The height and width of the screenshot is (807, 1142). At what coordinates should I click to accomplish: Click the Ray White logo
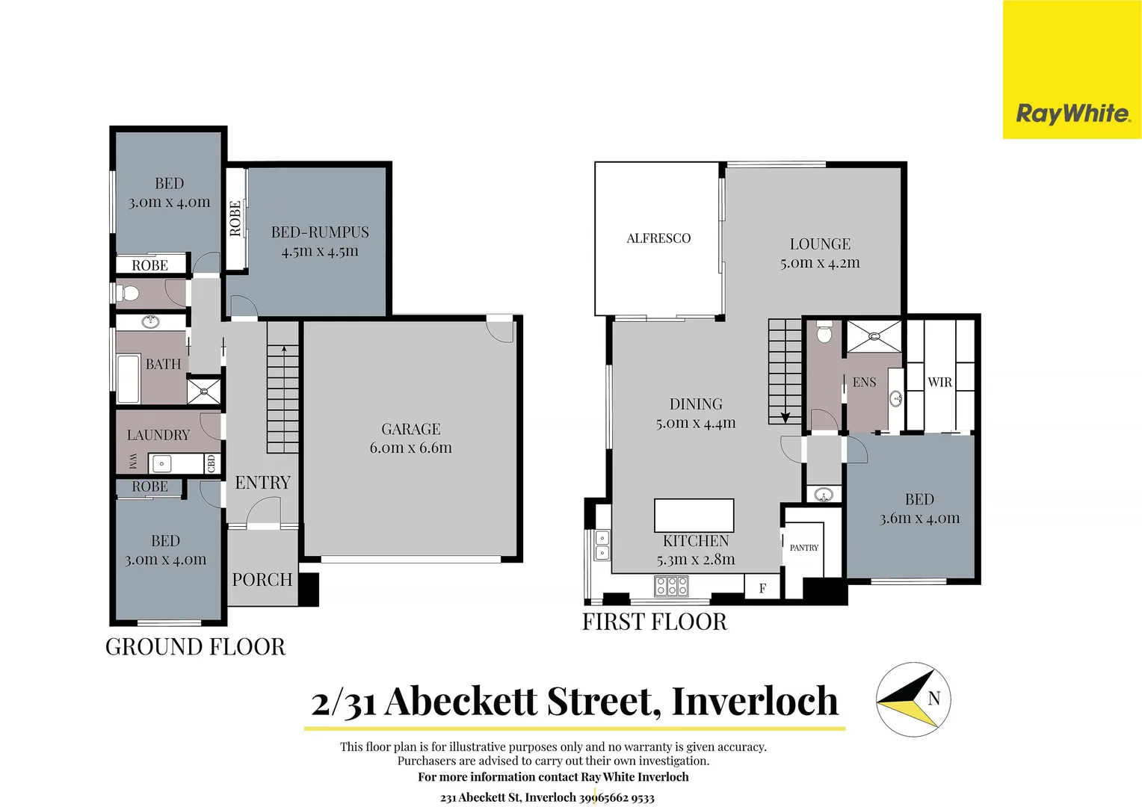[x=1072, y=114]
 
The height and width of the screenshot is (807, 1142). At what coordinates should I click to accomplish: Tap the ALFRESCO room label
[x=658, y=238]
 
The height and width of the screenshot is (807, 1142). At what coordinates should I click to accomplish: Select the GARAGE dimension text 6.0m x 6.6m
[x=410, y=448]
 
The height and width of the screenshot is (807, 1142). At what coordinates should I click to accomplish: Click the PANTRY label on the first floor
[x=804, y=548]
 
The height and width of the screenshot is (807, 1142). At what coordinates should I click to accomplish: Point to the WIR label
[x=939, y=383]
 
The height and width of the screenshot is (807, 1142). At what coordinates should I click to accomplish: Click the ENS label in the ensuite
[x=864, y=383]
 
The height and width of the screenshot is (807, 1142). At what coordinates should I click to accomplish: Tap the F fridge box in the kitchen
[x=762, y=588]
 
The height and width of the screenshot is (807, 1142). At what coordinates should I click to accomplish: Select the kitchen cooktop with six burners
[x=671, y=586]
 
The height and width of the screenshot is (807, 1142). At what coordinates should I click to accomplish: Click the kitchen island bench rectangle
[x=694, y=516]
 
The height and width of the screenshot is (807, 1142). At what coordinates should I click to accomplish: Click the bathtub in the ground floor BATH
[x=129, y=379]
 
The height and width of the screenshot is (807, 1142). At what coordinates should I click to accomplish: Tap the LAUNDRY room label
[x=158, y=435]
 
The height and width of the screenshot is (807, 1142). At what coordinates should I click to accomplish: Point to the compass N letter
[x=933, y=699]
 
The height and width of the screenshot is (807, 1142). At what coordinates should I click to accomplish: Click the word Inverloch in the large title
[x=755, y=702]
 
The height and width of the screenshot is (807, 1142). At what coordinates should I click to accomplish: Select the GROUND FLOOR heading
[x=195, y=647]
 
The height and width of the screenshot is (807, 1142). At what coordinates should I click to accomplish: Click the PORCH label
[x=262, y=580]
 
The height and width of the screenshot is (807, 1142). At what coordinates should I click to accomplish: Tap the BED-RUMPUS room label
[x=320, y=232]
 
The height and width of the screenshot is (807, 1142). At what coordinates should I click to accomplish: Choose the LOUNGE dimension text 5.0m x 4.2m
[x=820, y=263]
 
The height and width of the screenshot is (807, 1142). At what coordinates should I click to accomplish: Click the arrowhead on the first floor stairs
[x=785, y=418]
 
